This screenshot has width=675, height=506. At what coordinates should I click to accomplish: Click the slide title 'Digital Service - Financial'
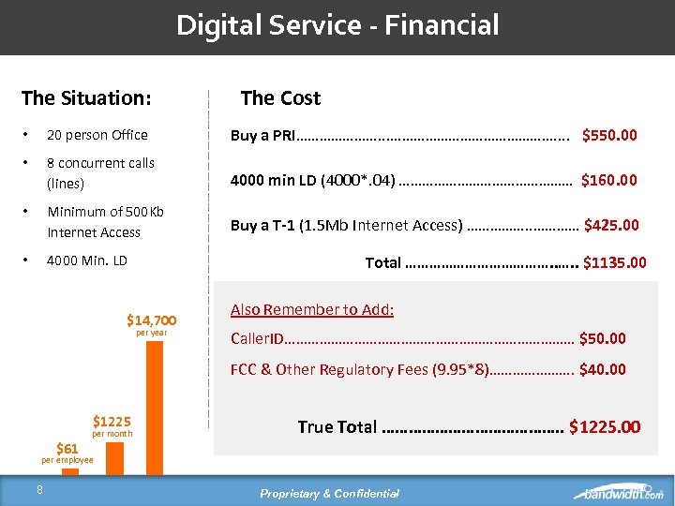point(337,25)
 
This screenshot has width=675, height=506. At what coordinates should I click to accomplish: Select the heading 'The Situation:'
point(86,97)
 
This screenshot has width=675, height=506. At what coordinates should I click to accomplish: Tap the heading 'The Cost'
point(280,97)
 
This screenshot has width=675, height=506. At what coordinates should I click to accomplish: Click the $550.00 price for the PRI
point(609,135)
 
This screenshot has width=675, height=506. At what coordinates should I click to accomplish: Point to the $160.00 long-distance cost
point(609,180)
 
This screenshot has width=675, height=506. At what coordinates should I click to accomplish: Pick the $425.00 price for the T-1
point(611,225)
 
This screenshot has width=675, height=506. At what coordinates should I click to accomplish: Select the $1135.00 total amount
point(614,262)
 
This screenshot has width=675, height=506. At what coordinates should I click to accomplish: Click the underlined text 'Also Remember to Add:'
point(312,309)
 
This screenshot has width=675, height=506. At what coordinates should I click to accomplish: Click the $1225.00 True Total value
point(605,427)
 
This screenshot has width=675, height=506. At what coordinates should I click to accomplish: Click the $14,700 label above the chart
point(151,320)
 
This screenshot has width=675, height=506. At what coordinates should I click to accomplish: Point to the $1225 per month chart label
point(112,422)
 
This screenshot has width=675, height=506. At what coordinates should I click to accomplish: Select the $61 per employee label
point(67,449)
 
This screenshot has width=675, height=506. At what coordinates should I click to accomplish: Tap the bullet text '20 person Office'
point(97,135)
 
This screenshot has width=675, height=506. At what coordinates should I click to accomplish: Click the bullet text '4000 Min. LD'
point(87,260)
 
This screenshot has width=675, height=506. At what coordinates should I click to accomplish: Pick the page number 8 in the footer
point(39,488)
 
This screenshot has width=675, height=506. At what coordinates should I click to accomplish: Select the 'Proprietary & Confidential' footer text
point(329,494)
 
